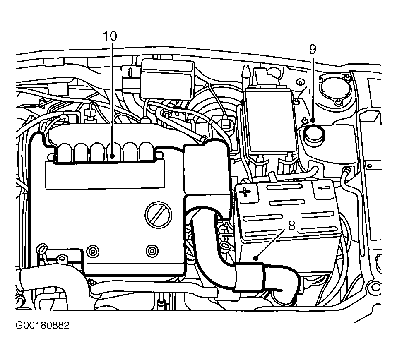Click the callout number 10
110,36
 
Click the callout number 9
313,49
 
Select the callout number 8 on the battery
292,226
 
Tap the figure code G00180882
42,325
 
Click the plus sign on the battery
245,192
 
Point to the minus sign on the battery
324,187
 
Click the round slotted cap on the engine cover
158,215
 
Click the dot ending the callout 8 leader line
256,258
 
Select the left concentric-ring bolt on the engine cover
93,252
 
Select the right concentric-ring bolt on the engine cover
152,251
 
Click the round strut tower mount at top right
335,90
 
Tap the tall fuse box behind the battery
271,120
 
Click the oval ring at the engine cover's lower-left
42,248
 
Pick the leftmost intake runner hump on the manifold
65,152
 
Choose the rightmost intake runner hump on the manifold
147,151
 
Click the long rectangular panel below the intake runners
105,175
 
